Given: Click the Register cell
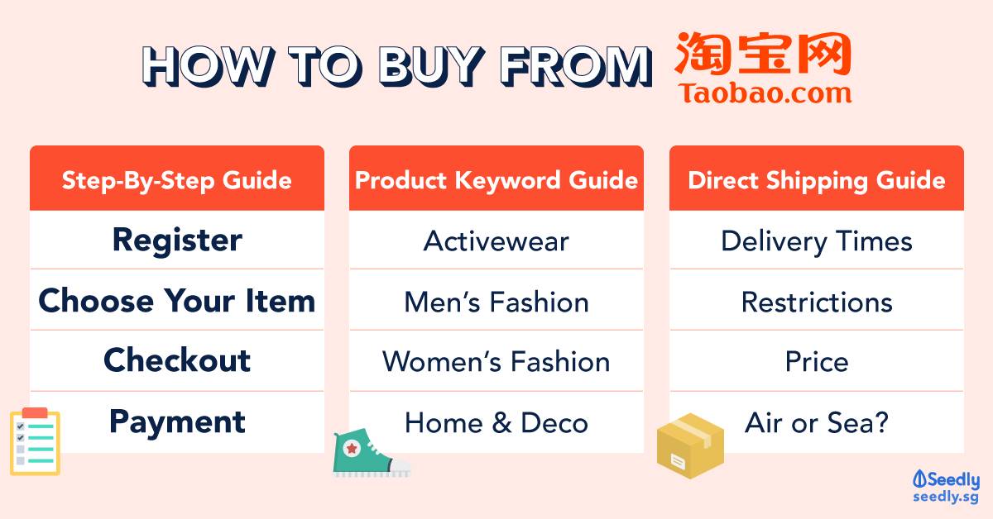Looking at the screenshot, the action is click(177, 240).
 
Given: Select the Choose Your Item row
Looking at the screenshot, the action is click(177, 300).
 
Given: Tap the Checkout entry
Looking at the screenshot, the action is click(177, 360).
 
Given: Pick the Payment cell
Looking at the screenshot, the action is click(177, 422).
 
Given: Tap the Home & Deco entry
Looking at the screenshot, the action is click(496, 422).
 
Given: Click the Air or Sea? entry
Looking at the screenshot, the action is click(817, 422).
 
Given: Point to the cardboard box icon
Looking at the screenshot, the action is click(690, 445).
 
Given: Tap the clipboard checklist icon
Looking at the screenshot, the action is click(35, 441).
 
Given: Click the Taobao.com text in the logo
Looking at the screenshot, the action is click(765, 93).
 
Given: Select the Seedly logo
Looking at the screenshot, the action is click(946, 486).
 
